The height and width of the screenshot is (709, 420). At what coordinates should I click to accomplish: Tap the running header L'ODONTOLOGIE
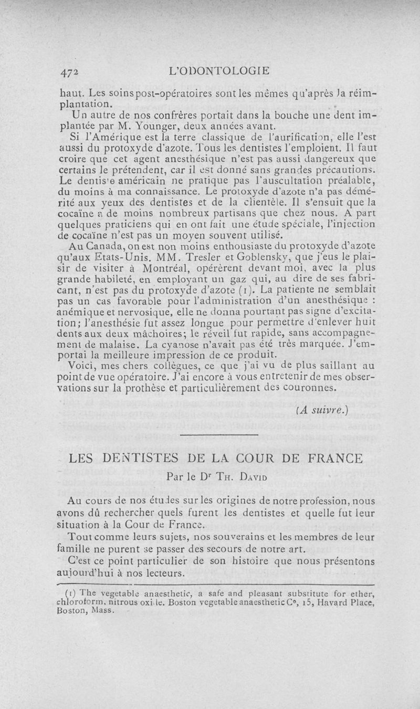224,70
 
